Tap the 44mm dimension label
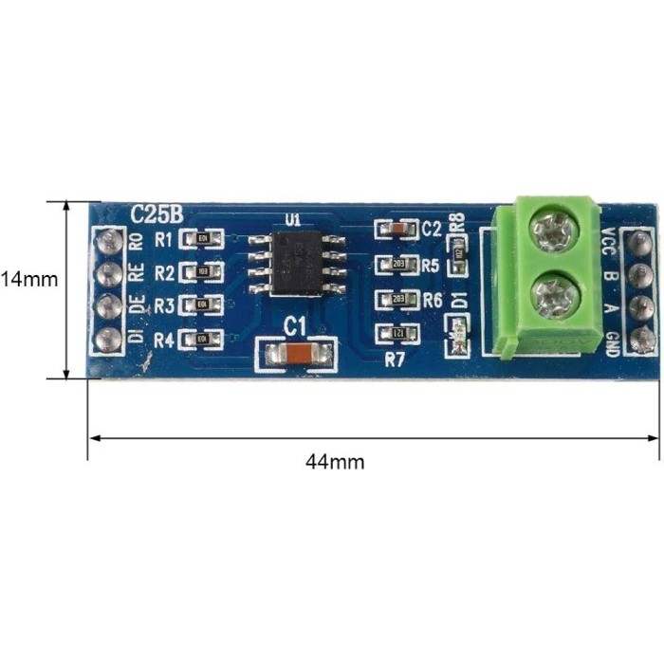335,462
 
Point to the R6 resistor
395,299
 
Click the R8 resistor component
460,254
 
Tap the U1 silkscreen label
292,220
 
